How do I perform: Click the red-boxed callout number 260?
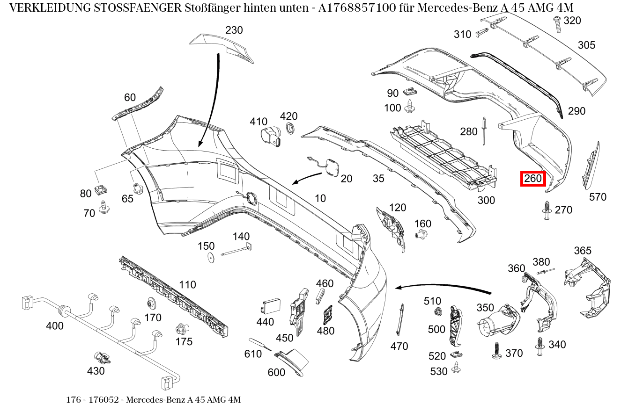coord(533,178)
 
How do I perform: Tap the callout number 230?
coord(234,30)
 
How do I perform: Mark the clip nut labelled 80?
coord(100,189)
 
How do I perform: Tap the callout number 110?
coord(187,284)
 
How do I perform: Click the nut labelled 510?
coord(437,312)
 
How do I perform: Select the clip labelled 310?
coord(482,32)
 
